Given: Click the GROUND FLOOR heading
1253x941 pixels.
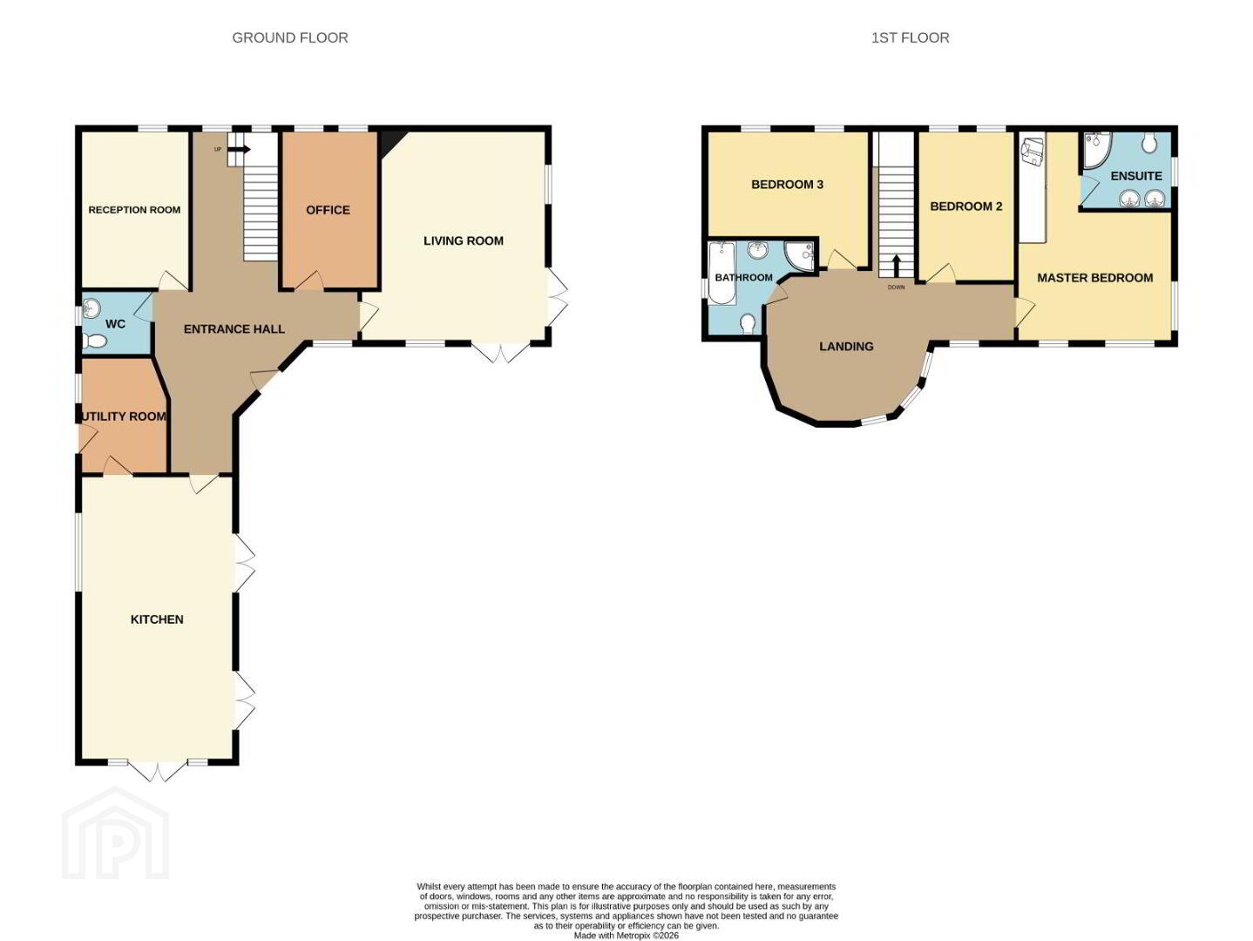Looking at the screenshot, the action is [x=290, y=37].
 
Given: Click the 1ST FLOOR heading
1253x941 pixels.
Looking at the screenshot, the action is [x=910, y=37].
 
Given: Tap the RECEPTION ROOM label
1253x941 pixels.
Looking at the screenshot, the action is [x=134, y=210].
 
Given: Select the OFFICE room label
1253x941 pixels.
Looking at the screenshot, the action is [x=328, y=210].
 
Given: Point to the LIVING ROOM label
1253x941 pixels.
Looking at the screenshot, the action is [x=463, y=240].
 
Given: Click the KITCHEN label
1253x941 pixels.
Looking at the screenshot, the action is [x=157, y=619].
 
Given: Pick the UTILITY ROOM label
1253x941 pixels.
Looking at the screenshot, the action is [x=125, y=416].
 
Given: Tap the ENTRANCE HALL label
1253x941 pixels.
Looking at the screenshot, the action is [x=234, y=328].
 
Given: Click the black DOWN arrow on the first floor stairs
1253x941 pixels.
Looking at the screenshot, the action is [x=897, y=266].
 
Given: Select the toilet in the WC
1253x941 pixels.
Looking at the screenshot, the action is [x=95, y=342].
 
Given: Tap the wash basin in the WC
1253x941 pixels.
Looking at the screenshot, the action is [x=91, y=308].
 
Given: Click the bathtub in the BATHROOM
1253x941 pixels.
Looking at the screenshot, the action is [x=721, y=274].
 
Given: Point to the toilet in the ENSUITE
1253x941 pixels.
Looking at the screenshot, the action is [x=1149, y=142].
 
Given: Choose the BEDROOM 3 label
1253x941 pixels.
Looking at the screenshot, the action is [x=787, y=185].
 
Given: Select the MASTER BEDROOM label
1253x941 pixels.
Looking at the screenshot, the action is [x=1095, y=278].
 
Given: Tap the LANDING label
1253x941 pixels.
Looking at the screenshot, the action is [x=846, y=347].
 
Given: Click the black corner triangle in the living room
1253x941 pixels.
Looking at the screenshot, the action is [x=389, y=140].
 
